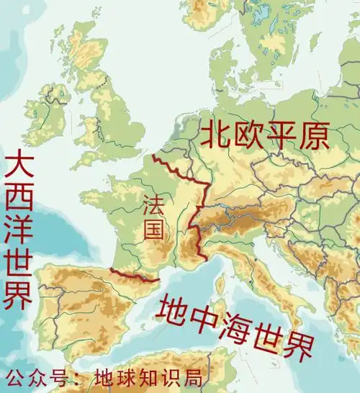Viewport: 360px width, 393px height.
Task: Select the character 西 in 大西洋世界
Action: [18, 196]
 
